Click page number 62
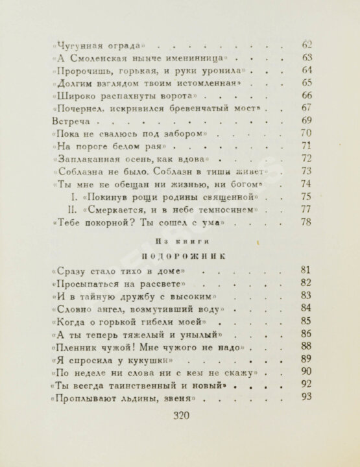pos(307,45)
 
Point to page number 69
pos(307,121)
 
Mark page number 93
pos(307,398)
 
